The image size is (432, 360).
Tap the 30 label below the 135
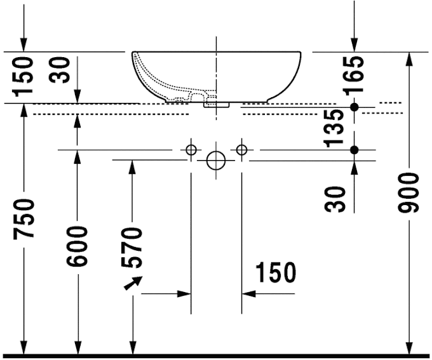point(337,198)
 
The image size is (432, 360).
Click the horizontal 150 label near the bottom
point(276,272)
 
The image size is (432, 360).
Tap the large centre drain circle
point(216,160)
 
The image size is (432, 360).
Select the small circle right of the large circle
point(241,150)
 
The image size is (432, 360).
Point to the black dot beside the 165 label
point(354,106)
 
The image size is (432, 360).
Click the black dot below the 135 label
point(354,150)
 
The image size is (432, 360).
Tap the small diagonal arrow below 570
point(134,283)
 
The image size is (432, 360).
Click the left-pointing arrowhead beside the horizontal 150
point(248,294)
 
